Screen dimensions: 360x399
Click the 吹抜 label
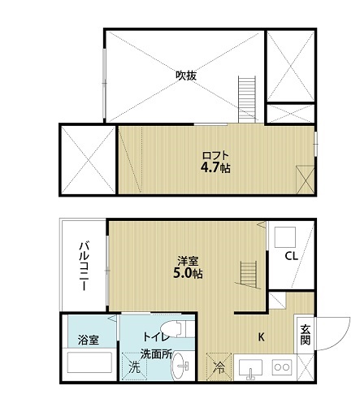(186, 76)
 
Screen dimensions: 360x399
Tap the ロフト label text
(215, 156)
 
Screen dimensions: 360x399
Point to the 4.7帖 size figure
(215, 168)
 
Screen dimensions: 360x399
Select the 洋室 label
(188, 262)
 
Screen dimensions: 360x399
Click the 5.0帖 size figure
(188, 274)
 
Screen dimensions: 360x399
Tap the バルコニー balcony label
(84, 266)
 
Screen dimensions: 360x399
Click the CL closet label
(291, 256)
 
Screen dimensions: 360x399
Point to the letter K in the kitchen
(261, 337)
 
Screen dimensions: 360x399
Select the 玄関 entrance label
(306, 335)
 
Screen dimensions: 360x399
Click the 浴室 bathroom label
(89, 340)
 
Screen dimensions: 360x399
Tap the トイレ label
(156, 337)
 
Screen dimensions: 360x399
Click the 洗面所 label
(156, 354)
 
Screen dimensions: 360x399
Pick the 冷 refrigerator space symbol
(219, 366)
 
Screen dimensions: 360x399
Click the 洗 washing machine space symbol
(134, 366)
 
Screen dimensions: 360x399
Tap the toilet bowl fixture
(177, 328)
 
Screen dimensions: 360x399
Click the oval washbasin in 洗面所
(180, 366)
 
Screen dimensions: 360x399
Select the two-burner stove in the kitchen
(282, 367)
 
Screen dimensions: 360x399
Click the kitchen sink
(250, 368)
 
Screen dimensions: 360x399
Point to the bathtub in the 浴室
(89, 362)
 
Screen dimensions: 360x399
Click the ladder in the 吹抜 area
(247, 100)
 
